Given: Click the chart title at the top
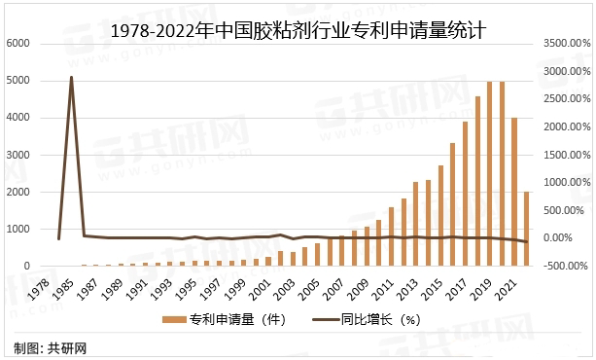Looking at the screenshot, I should point(298,30).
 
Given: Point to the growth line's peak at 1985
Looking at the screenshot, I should point(71,77).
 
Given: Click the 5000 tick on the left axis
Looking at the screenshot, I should point(18,81).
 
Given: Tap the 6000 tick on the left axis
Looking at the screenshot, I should point(18,44).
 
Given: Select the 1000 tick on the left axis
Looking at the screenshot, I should point(18,229).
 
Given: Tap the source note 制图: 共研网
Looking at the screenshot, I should point(50,347).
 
